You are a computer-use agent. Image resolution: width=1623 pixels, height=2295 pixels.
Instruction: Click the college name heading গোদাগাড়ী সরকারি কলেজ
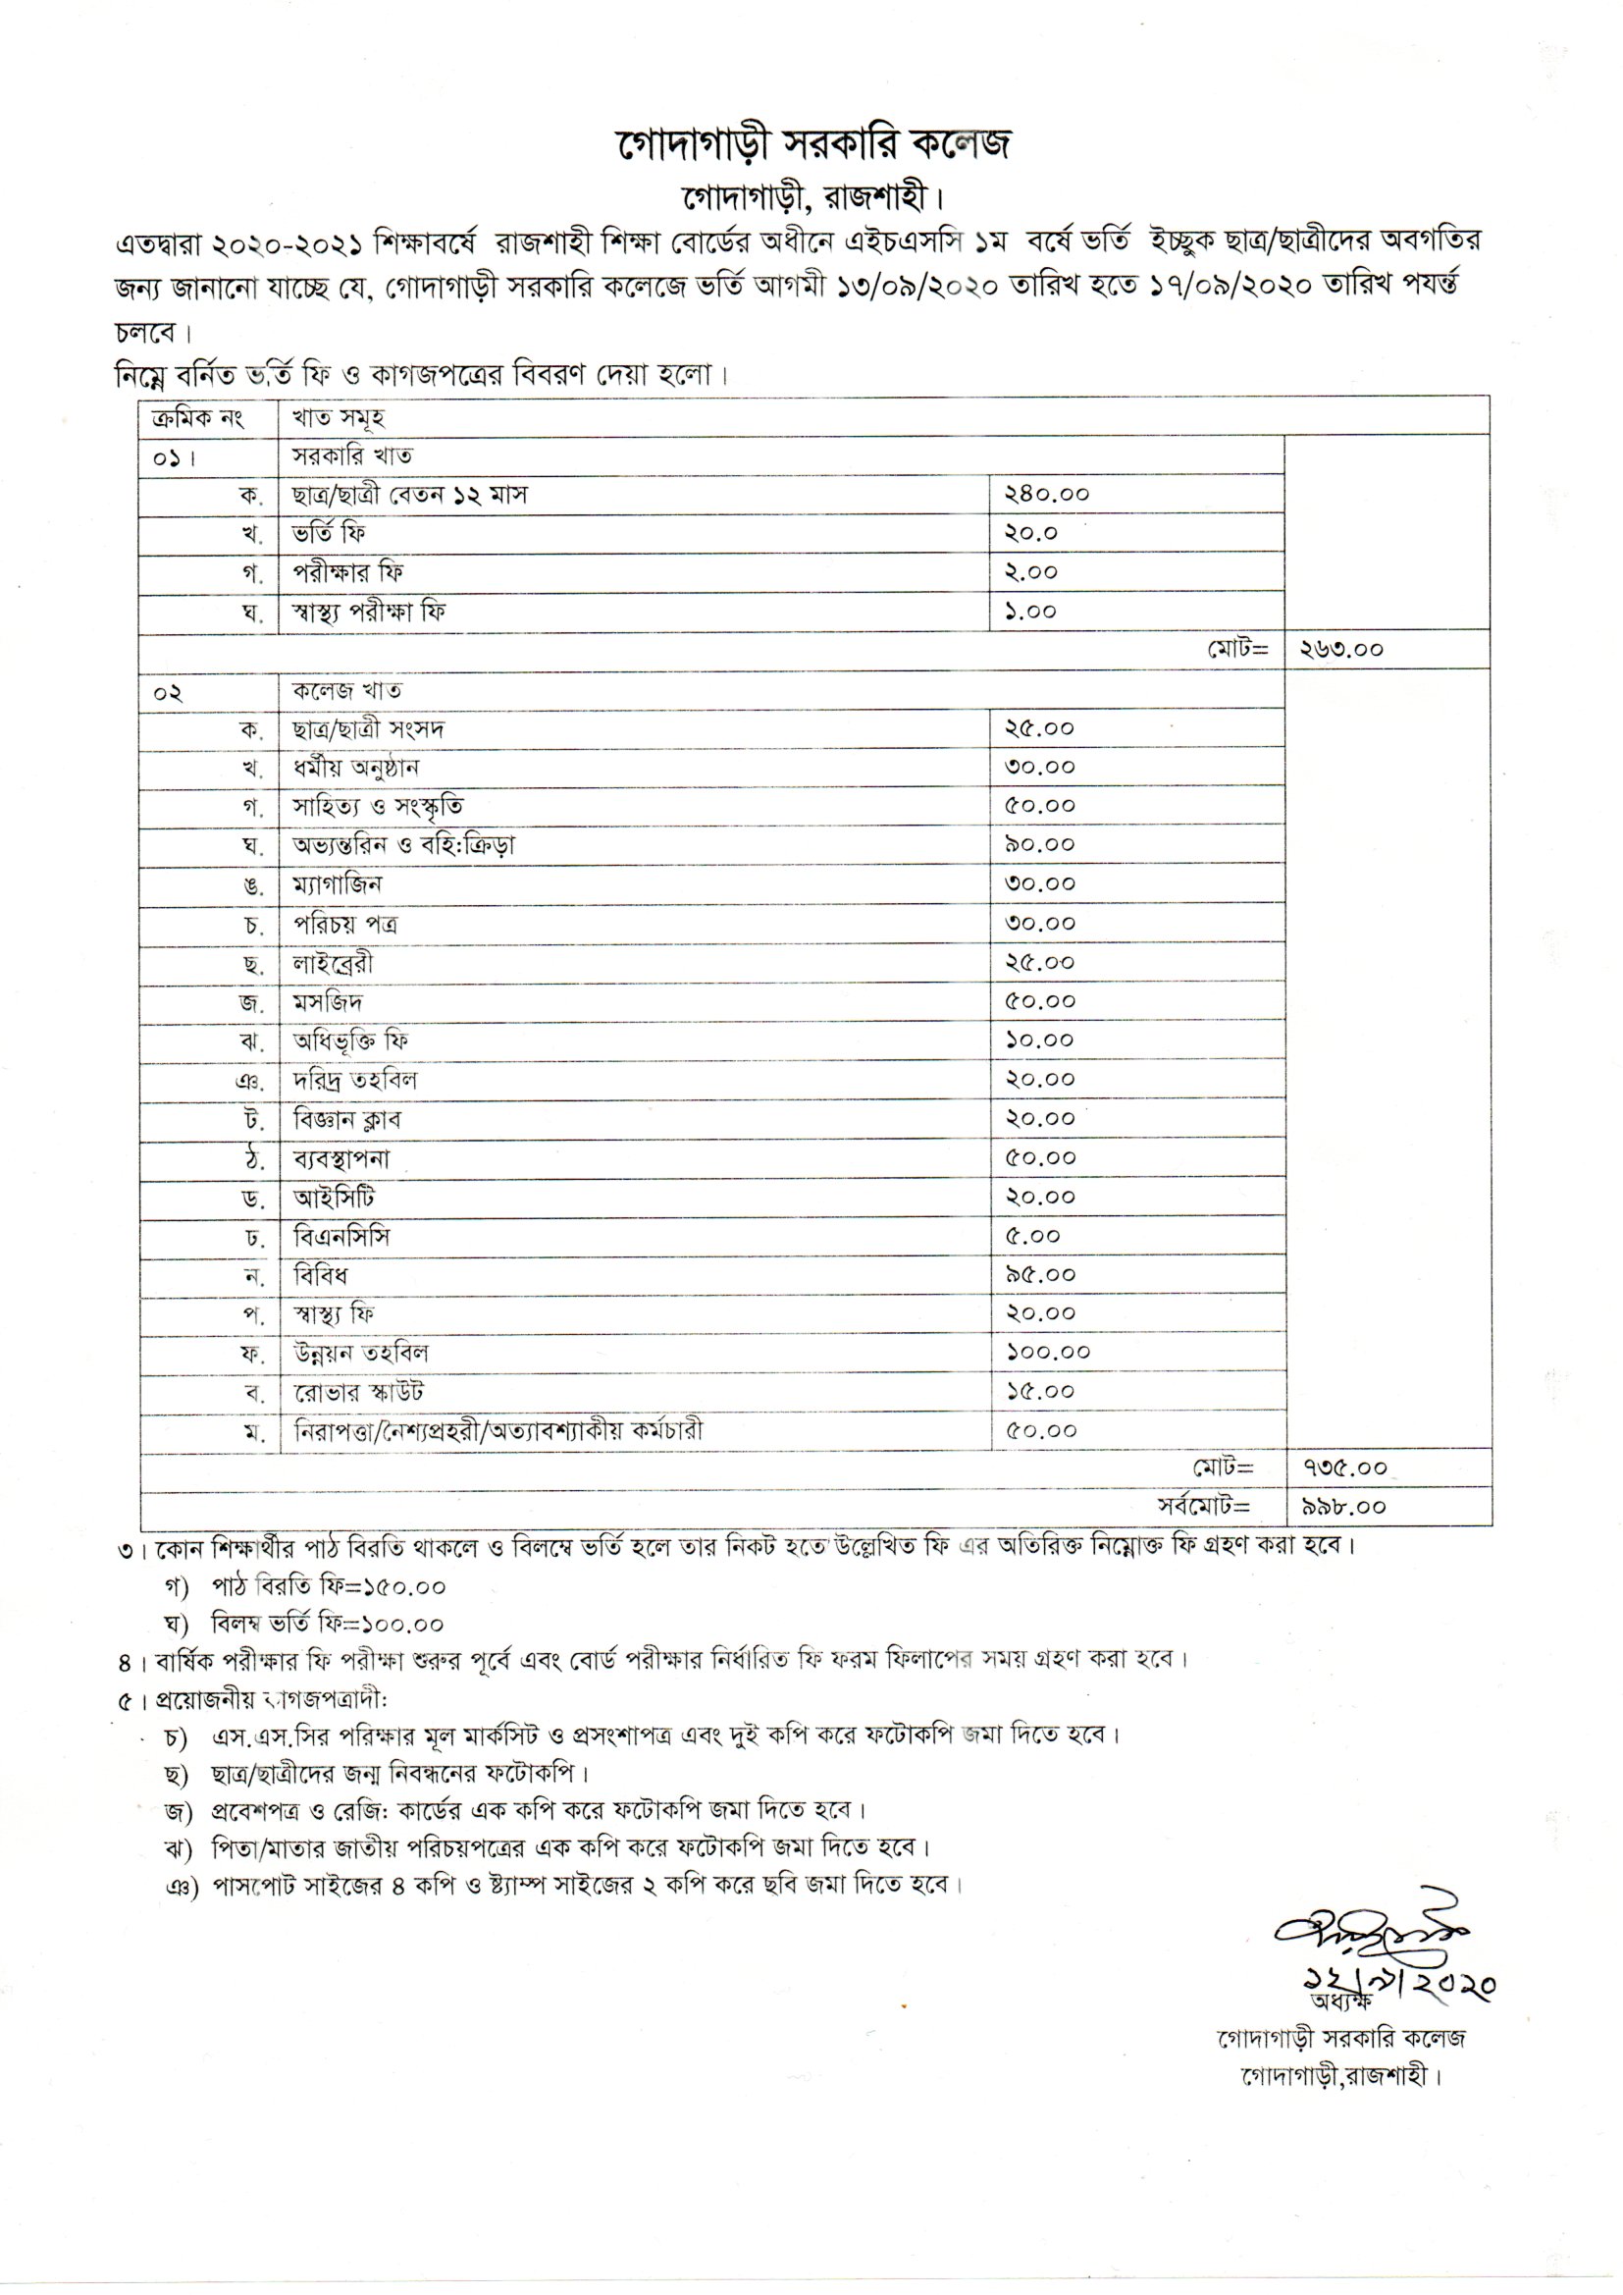[x=811, y=145]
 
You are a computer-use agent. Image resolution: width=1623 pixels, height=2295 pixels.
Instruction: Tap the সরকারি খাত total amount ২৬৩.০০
[x=1341, y=650]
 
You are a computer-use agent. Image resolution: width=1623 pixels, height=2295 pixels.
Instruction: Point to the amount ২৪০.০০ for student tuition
[x=1046, y=494]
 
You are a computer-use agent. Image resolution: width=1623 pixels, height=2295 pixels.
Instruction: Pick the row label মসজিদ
[x=328, y=1001]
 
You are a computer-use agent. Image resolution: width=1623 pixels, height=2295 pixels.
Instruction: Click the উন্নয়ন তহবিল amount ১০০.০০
[x=1047, y=1353]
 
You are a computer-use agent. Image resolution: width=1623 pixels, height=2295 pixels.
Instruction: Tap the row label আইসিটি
[x=334, y=1198]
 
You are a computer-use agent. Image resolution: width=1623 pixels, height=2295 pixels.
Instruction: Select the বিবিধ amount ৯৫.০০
[x=1039, y=1274]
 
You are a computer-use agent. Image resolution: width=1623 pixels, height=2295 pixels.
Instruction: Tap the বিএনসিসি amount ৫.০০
[x=1032, y=1236]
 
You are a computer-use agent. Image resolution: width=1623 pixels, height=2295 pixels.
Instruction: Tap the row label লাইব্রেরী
[x=333, y=963]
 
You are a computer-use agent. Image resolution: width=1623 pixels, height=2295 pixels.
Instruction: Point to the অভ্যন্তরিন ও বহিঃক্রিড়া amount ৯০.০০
[x=1039, y=844]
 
